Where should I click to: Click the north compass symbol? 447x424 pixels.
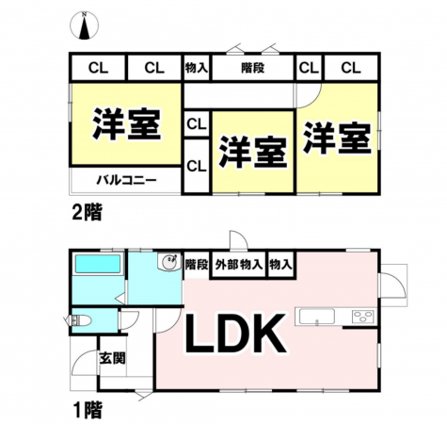pos(84,25)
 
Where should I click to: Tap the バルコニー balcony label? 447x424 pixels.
pos(126,181)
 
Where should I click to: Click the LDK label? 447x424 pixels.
pos(235,334)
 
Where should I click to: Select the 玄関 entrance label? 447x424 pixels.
pos(112,358)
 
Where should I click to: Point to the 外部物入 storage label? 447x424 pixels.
pos(239,265)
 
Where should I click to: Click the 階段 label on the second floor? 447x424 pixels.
pos(253,68)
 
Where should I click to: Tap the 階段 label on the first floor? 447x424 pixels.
pos(197,265)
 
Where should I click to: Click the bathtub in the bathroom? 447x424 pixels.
pos(98,264)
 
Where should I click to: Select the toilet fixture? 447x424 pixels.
pos(81,321)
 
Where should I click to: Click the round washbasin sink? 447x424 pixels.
pos(169,261)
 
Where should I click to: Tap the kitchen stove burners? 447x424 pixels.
pos(363,317)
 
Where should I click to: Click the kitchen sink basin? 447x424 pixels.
pos(317,317)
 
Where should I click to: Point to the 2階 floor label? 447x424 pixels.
pos(87,213)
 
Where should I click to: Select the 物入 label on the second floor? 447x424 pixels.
pos(197,68)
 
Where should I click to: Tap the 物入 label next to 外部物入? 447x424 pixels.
pos(280,265)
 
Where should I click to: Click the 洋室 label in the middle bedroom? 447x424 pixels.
pos(253,152)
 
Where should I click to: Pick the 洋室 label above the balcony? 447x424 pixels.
pos(126,124)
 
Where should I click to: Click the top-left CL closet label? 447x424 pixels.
pos(98,68)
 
